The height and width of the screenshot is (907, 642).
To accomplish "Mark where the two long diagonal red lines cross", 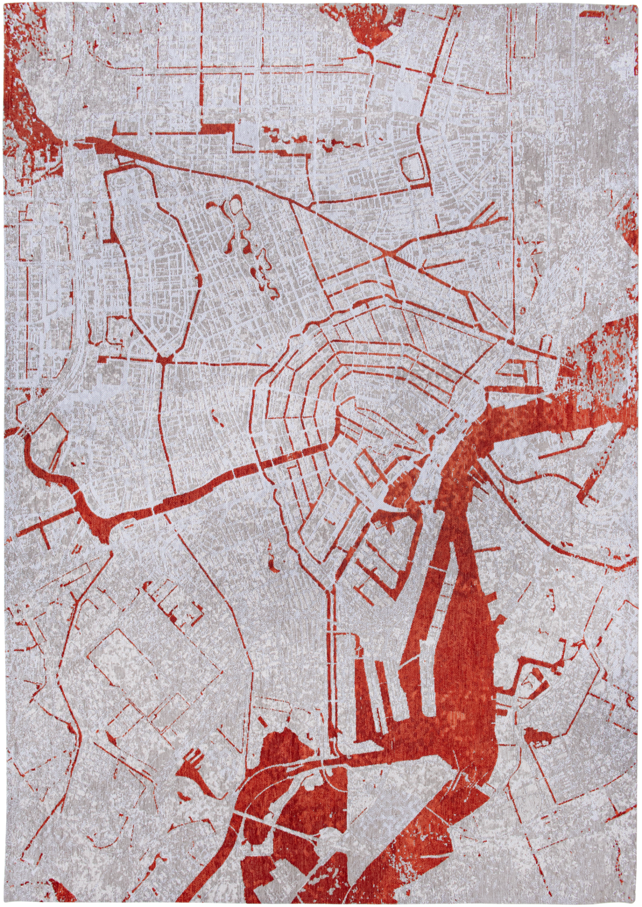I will point(387,256).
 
